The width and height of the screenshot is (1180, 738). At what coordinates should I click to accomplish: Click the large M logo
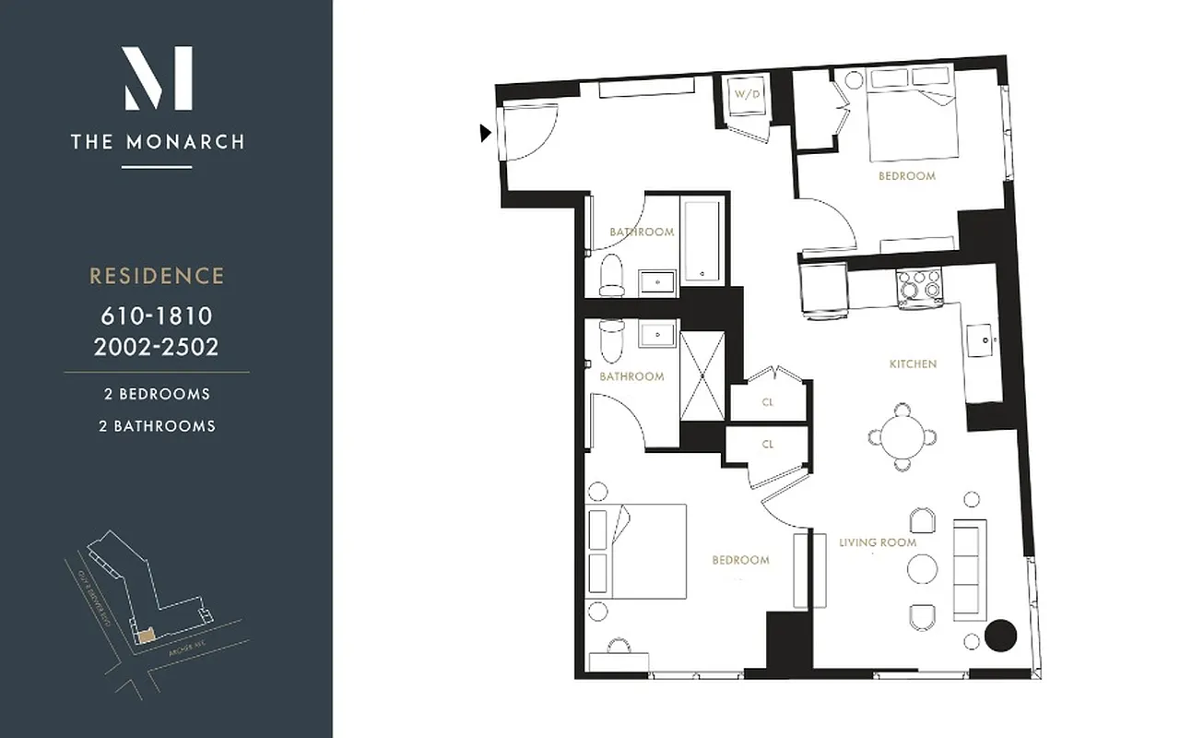(x=159, y=78)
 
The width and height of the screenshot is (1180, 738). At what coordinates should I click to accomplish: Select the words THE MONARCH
(x=159, y=142)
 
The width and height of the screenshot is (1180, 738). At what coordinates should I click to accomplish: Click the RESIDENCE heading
(x=157, y=276)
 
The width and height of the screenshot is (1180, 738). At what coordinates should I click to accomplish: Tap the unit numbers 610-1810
(x=157, y=316)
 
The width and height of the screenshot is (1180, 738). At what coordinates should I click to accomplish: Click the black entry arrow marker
(x=486, y=134)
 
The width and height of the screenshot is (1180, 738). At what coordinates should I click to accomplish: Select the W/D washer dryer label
(x=744, y=94)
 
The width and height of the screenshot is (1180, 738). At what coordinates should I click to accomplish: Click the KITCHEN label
(x=913, y=364)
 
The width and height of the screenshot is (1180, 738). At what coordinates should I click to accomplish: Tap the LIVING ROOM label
(x=878, y=542)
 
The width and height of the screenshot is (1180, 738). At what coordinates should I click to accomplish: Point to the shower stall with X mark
(x=702, y=376)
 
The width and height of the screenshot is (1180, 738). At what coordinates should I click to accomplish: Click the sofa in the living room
(x=969, y=569)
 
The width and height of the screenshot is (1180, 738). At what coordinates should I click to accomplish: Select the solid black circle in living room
(x=1000, y=635)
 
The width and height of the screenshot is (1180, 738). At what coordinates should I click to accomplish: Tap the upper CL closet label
(x=767, y=402)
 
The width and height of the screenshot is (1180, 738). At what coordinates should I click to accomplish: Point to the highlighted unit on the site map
(x=144, y=637)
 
